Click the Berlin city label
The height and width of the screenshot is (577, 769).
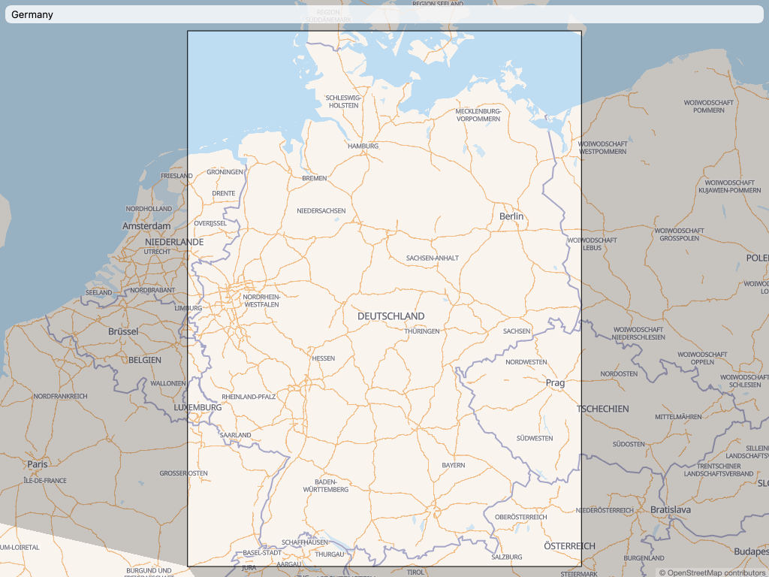[511, 216]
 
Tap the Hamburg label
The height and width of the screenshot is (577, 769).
[363, 146]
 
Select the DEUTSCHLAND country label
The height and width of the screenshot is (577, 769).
[391, 316]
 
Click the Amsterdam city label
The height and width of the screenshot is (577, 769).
[146, 226]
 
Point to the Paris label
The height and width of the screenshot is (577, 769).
[38, 464]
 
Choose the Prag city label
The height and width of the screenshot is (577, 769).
[555, 383]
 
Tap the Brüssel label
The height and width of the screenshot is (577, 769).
[123, 331]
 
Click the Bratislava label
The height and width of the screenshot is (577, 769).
[670, 509]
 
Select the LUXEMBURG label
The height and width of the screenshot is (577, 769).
[198, 407]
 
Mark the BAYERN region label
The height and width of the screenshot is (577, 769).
[453, 466]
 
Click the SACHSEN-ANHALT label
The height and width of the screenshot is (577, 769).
[432, 258]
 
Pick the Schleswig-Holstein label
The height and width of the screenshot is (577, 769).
[344, 101]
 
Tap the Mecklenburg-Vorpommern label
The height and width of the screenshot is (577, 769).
[478, 115]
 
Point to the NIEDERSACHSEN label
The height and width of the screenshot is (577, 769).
[321, 211]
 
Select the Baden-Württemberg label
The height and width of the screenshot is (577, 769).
[326, 485]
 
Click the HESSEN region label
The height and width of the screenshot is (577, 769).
[324, 358]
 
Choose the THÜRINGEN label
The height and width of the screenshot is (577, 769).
[422, 331]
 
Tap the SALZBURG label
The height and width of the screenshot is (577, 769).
[506, 557]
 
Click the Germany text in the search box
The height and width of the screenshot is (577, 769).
[32, 14]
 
